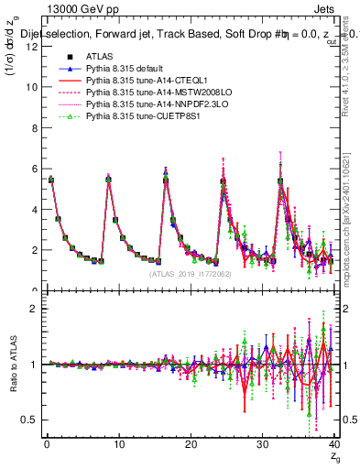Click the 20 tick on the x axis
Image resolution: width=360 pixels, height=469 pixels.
coord(191,445)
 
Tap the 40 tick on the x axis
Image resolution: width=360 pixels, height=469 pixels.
coord(334,445)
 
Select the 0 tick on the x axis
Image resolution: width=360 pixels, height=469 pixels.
coord(47,445)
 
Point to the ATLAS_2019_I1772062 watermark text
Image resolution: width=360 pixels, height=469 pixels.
coord(191,274)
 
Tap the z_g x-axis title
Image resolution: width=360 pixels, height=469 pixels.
coord(334,459)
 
